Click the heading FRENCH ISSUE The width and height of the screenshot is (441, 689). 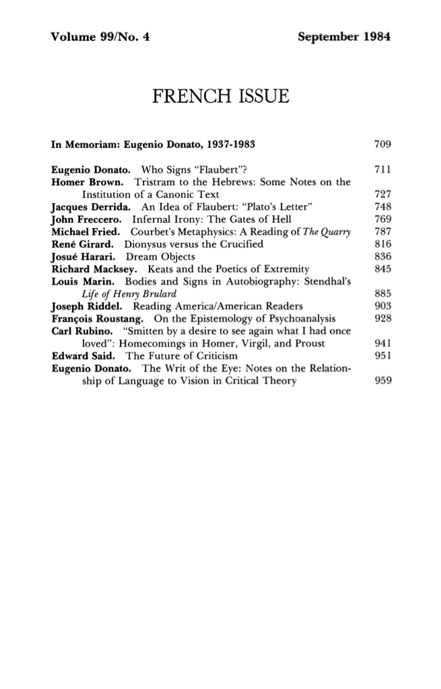point(221,96)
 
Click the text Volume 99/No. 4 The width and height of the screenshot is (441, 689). point(100,36)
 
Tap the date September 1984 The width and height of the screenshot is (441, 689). point(343,36)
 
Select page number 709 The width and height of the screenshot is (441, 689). point(382,144)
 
